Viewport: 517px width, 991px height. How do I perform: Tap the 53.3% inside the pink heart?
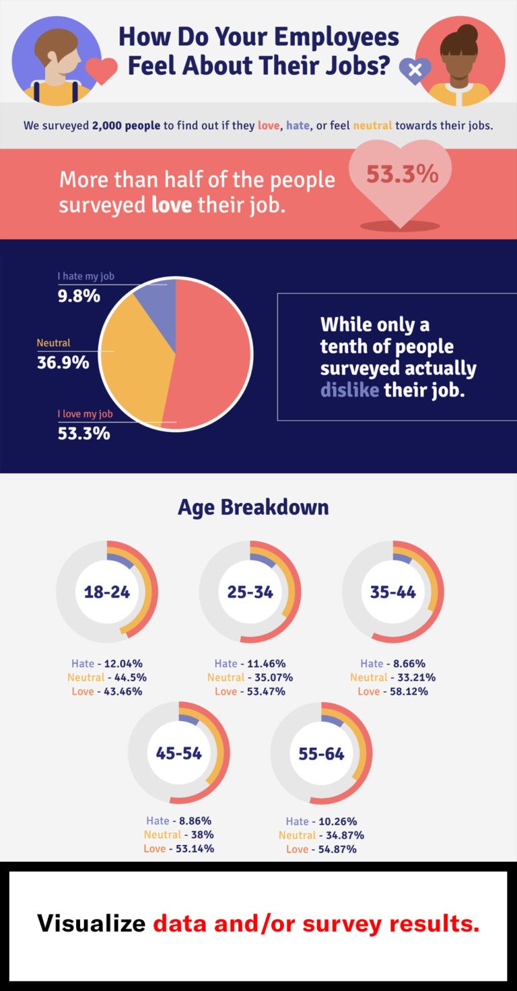click(x=402, y=174)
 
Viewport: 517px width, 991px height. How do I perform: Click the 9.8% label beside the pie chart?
click(x=79, y=296)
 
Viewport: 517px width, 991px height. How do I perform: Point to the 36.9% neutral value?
click(x=63, y=362)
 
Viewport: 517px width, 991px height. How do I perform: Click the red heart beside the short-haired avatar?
click(x=102, y=71)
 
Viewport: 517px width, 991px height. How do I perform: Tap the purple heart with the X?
click(x=415, y=69)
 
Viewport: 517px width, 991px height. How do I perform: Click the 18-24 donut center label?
click(x=106, y=592)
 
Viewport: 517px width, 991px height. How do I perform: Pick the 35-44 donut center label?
click(x=393, y=592)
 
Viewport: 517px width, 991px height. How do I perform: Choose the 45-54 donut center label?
click(x=179, y=753)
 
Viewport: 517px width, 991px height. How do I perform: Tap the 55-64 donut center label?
click(x=322, y=753)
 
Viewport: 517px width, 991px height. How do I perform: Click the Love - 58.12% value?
click(x=392, y=691)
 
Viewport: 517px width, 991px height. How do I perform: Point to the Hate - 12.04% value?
click(x=106, y=663)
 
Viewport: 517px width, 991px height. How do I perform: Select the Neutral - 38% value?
click(x=178, y=835)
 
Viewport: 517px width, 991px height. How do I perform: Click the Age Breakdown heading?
click(x=253, y=507)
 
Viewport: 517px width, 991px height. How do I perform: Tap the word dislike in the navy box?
click(x=349, y=390)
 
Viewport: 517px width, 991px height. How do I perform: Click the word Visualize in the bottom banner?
click(x=91, y=923)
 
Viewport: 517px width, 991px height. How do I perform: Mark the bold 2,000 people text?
click(x=127, y=126)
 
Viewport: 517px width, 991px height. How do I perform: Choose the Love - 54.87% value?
click(x=321, y=849)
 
